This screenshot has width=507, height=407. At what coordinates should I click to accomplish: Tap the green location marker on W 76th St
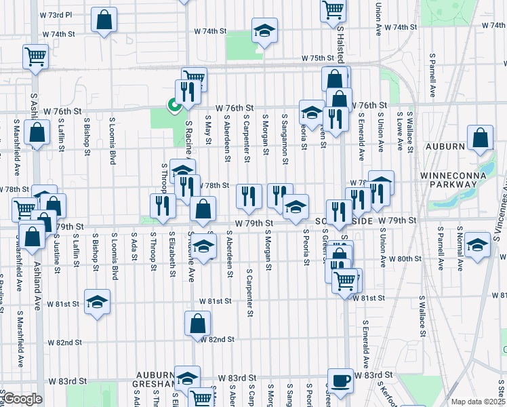coord(174,104)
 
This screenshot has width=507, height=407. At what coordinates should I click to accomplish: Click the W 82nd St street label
coord(217,339)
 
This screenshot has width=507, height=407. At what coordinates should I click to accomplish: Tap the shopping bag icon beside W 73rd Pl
coord(104,20)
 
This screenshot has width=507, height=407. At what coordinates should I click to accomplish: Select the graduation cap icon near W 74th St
coord(264,31)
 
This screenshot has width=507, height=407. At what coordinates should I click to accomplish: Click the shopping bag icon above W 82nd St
coord(197,324)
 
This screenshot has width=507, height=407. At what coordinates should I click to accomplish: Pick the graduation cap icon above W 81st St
coord(97,301)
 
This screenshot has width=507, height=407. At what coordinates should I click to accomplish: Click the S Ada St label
coord(135,250)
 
